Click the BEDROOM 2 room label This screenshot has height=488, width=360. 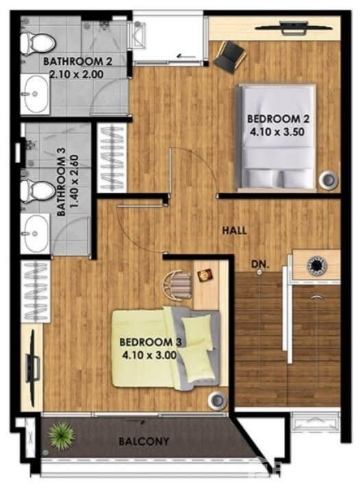[x=278, y=119]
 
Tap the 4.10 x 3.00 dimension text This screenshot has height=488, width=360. [x=149, y=355]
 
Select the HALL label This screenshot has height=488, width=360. [x=235, y=230]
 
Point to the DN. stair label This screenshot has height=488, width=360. [x=260, y=265]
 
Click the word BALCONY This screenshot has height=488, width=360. [x=144, y=441]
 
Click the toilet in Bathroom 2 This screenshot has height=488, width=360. [x=37, y=44]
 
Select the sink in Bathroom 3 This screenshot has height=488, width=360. [x=35, y=233]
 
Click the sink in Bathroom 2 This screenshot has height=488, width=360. [x=35, y=93]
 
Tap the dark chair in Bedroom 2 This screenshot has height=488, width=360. [x=230, y=57]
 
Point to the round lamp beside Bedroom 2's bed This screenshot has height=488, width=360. [x=328, y=180]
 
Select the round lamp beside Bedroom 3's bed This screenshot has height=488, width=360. [x=217, y=400]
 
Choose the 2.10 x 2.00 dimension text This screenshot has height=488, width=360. [x=77, y=75]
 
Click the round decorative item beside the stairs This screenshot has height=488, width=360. [x=317, y=265]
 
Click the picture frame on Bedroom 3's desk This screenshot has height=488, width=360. [x=205, y=275]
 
